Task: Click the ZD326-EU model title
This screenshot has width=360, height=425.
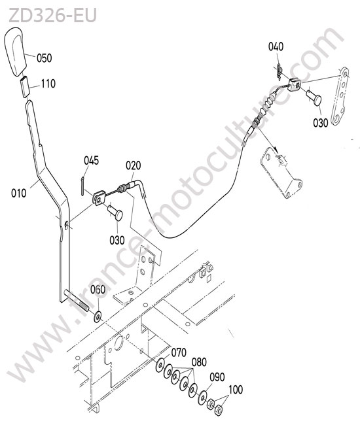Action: coord(52,15)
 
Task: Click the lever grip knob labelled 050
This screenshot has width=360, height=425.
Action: coord(15,50)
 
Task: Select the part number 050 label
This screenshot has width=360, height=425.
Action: coord(44,58)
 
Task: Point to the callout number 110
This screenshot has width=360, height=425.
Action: coord(48,84)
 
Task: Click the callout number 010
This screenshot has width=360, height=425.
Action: coord(19,194)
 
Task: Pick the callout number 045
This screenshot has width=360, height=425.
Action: coord(91,160)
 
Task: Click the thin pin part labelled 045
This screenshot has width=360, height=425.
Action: coord(82,186)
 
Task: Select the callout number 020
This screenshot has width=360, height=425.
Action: coord(134,165)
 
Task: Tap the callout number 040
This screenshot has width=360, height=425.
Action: coord(276,46)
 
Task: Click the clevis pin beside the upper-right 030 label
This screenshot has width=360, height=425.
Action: coord(314,98)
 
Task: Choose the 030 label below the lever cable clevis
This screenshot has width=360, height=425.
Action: coord(117,240)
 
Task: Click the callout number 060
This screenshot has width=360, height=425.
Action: coord(98,290)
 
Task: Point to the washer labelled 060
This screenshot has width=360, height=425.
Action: coord(98,316)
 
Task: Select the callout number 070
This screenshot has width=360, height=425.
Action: coord(179,352)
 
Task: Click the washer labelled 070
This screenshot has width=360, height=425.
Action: coord(160,365)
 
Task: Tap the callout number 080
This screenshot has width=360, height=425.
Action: coord(199,362)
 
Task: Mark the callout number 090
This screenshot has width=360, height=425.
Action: coord(217,377)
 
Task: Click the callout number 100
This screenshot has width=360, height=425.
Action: coord(236,390)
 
